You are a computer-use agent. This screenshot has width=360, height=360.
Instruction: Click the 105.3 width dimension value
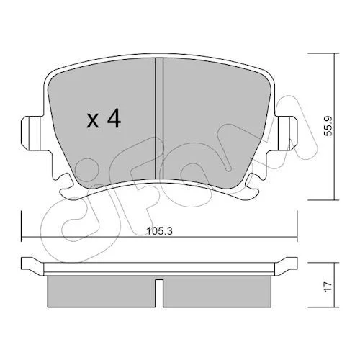coord(160,231)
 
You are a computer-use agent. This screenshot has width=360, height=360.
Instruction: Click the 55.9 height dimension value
coord(328,126)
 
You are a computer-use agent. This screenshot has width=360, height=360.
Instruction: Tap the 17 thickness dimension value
coord(328,287)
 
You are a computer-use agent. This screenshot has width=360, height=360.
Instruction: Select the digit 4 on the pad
coord(114,118)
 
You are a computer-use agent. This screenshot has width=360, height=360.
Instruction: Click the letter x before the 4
coord(93,121)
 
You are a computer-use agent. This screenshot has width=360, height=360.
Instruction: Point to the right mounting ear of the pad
coord(287,133)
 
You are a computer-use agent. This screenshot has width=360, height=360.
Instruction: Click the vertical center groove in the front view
coord(159,118)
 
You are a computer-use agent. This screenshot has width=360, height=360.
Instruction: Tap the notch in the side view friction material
coord(159,293)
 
